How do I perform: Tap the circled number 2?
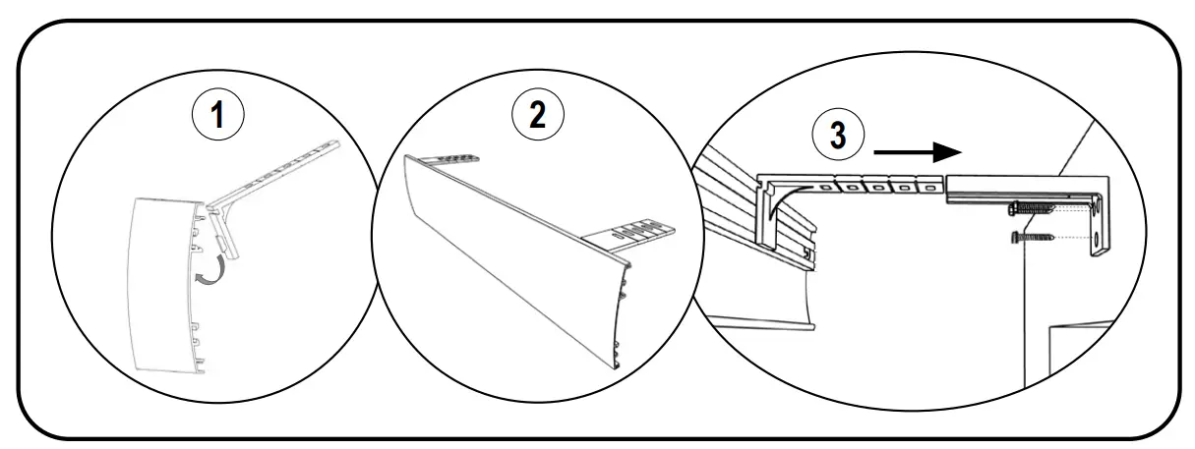(537, 116)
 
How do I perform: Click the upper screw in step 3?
(1028, 208)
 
